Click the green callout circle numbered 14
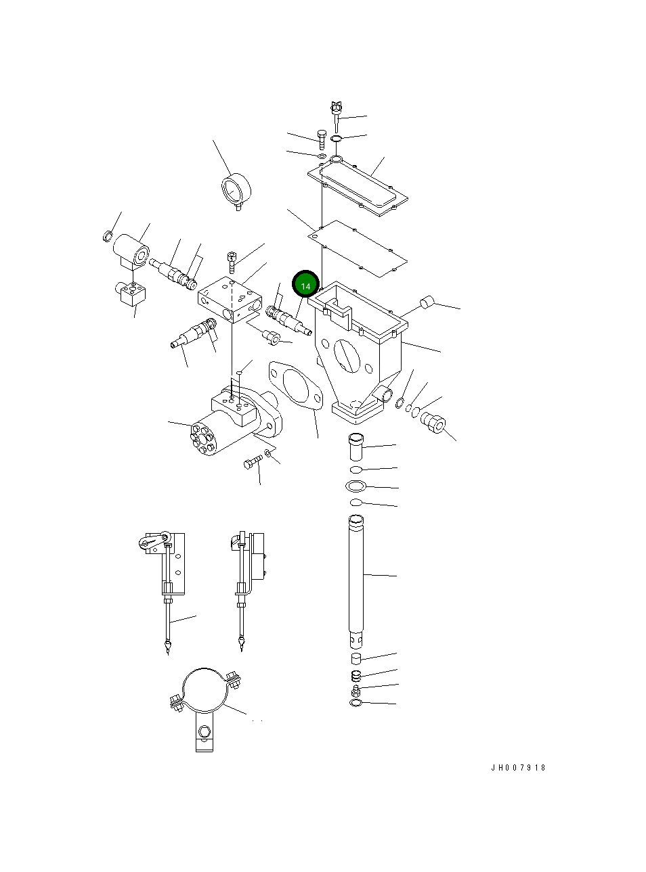[305, 285]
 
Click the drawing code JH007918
[518, 767]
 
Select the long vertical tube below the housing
[356, 578]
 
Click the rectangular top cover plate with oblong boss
[359, 186]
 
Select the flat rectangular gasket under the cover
[358, 248]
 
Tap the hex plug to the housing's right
[433, 423]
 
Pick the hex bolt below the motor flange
[252, 463]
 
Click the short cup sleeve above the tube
[356, 447]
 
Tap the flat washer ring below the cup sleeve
[356, 486]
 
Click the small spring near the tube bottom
[356, 676]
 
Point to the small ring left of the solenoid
[108, 235]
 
